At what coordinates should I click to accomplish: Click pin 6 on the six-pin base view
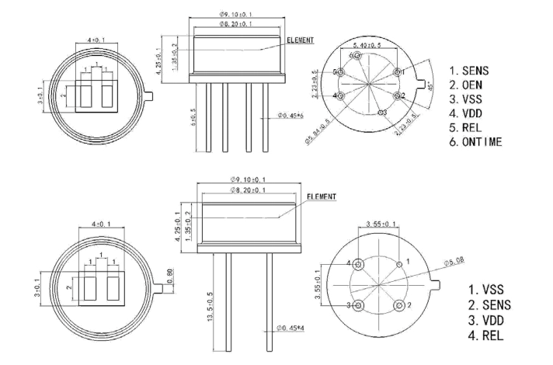tap(356, 56)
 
